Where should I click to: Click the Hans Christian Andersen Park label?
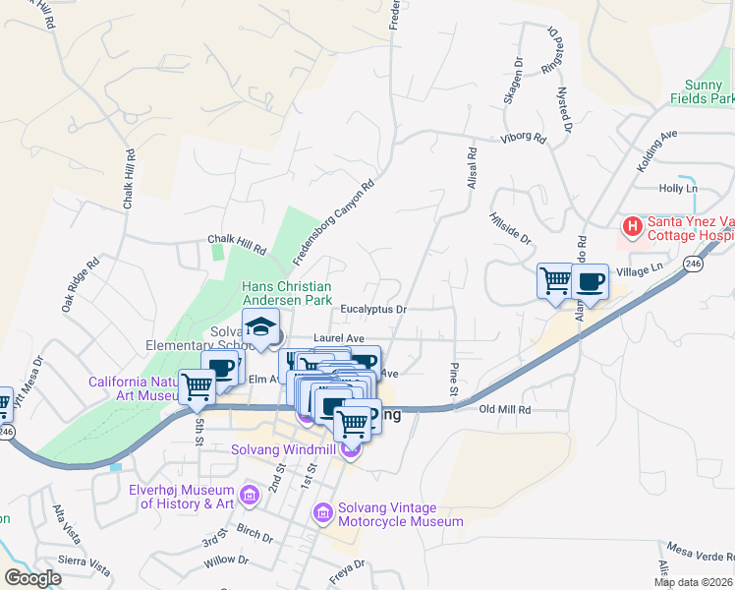pyautogui.click(x=280, y=292)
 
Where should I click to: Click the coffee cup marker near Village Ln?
pyautogui.click(x=590, y=281)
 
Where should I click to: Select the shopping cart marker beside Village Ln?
pyautogui.click(x=555, y=280)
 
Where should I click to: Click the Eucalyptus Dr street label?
pyautogui.click(x=373, y=309)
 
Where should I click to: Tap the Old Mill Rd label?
pyautogui.click(x=505, y=409)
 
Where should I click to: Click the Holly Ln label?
pyautogui.click(x=678, y=188)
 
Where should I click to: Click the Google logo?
pyautogui.click(x=32, y=578)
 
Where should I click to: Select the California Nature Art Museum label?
pyautogui.click(x=133, y=389)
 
